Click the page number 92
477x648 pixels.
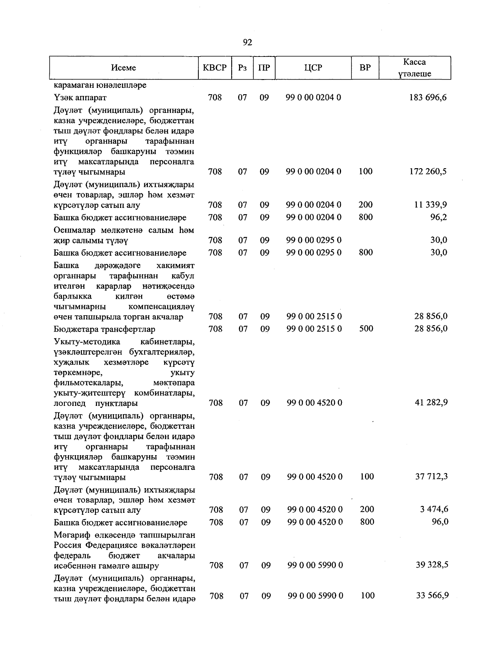point(247,43)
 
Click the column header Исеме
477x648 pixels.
point(124,68)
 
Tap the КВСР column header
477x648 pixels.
point(215,68)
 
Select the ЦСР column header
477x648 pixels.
point(313,68)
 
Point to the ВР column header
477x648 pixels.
point(365,68)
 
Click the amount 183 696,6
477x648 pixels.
point(428,97)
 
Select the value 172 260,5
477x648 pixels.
point(428,172)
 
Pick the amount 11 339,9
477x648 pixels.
point(430,205)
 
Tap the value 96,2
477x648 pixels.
point(438,217)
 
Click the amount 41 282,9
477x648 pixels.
point(431,403)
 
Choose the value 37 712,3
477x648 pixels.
point(431,477)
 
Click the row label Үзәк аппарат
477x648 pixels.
point(80,97)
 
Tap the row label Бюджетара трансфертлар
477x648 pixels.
point(105,329)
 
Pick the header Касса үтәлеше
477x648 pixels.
point(415,68)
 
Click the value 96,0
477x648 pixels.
point(440,522)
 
